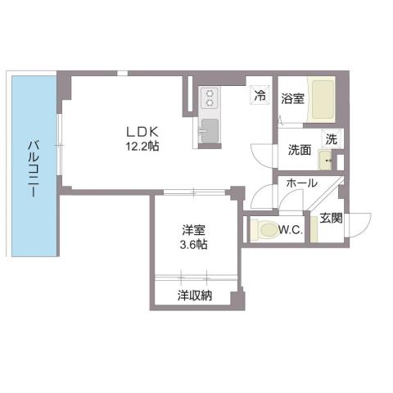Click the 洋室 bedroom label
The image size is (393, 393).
point(194,230)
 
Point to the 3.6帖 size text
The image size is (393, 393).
point(194,244)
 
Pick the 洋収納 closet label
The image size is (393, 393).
point(194,296)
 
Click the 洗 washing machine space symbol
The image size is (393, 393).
point(331,138)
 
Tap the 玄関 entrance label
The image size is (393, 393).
point(331,218)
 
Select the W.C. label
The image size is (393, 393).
point(291,231)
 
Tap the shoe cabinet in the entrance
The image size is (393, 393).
point(314,229)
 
